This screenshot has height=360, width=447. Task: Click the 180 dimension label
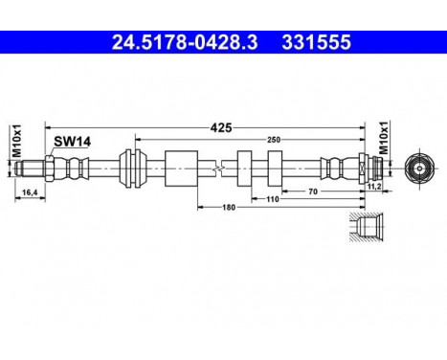coord(229,206)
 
